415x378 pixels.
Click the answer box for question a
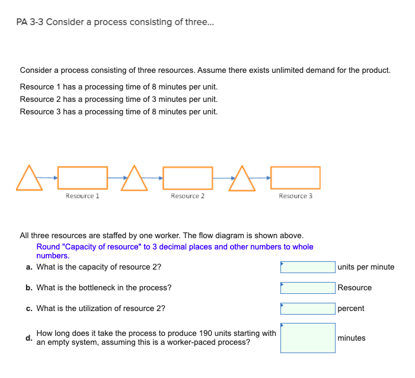[x=308, y=267]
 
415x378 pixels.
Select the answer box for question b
[x=308, y=288]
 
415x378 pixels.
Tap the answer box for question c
[x=308, y=309]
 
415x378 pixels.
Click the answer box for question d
[x=308, y=338]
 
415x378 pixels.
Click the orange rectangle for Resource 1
[x=82, y=178]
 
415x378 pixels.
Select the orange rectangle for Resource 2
[x=187, y=178]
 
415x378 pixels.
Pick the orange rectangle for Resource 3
[x=295, y=178]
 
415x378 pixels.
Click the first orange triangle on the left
[x=30, y=180]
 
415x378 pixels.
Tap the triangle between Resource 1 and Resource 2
[x=135, y=180]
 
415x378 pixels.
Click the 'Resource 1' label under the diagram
[x=82, y=196]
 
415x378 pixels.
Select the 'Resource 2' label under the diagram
[x=187, y=196]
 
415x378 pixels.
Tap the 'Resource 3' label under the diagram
[x=295, y=196]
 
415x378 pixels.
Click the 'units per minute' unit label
[x=366, y=267]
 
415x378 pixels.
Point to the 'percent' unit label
[x=351, y=309]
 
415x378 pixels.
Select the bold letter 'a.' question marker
[x=29, y=267]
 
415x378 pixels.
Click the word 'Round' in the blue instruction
[x=48, y=246]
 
